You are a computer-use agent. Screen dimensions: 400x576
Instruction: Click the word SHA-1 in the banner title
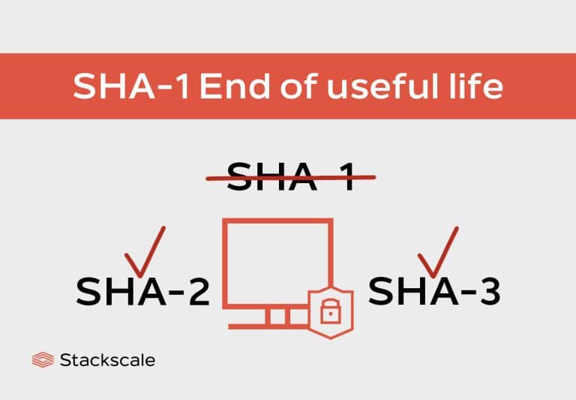click(132, 87)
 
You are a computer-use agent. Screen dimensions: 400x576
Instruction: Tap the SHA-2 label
click(142, 291)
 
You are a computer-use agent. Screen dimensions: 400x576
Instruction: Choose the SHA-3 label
click(434, 291)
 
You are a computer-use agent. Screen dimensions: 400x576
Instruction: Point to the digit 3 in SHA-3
click(487, 292)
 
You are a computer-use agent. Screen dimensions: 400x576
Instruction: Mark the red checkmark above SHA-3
click(438, 251)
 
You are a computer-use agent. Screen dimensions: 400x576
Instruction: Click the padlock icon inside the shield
click(330, 311)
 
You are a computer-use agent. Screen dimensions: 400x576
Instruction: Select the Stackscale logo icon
click(43, 360)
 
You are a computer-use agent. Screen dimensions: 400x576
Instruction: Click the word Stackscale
click(106, 360)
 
